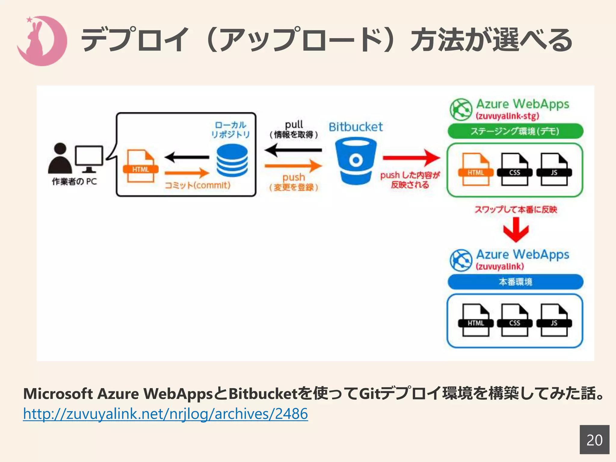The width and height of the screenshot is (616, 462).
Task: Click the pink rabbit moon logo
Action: (42, 41)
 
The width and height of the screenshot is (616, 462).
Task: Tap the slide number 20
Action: (594, 440)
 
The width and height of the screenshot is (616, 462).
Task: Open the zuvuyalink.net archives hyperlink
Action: (165, 414)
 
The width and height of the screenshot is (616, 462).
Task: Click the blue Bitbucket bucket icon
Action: (356, 161)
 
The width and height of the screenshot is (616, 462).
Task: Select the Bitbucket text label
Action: (356, 127)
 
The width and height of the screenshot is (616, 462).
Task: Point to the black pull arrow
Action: (293, 150)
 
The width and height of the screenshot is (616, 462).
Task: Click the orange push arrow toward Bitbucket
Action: (293, 165)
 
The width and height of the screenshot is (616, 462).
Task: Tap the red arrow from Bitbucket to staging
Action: (411, 158)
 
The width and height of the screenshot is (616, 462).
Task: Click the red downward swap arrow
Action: (516, 229)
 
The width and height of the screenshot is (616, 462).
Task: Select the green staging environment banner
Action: (515, 131)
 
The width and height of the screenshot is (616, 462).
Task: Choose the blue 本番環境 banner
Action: (515, 282)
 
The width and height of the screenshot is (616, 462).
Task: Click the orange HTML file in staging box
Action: (476, 169)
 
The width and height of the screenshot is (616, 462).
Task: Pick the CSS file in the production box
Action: (515, 320)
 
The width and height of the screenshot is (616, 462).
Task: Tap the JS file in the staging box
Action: (554, 169)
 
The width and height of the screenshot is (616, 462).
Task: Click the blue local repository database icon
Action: (232, 161)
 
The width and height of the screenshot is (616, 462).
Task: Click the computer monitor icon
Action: (89, 158)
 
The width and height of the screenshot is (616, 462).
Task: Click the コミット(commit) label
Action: (198, 185)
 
